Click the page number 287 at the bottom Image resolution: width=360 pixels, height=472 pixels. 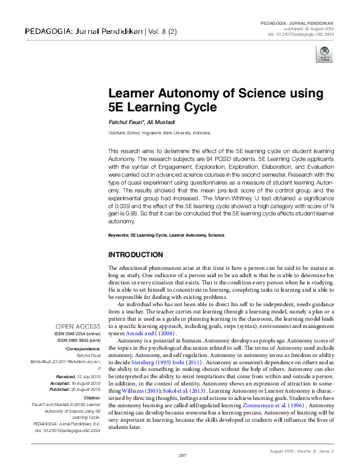[181, 454]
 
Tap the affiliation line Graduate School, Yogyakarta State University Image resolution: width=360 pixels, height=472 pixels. [160, 132]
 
